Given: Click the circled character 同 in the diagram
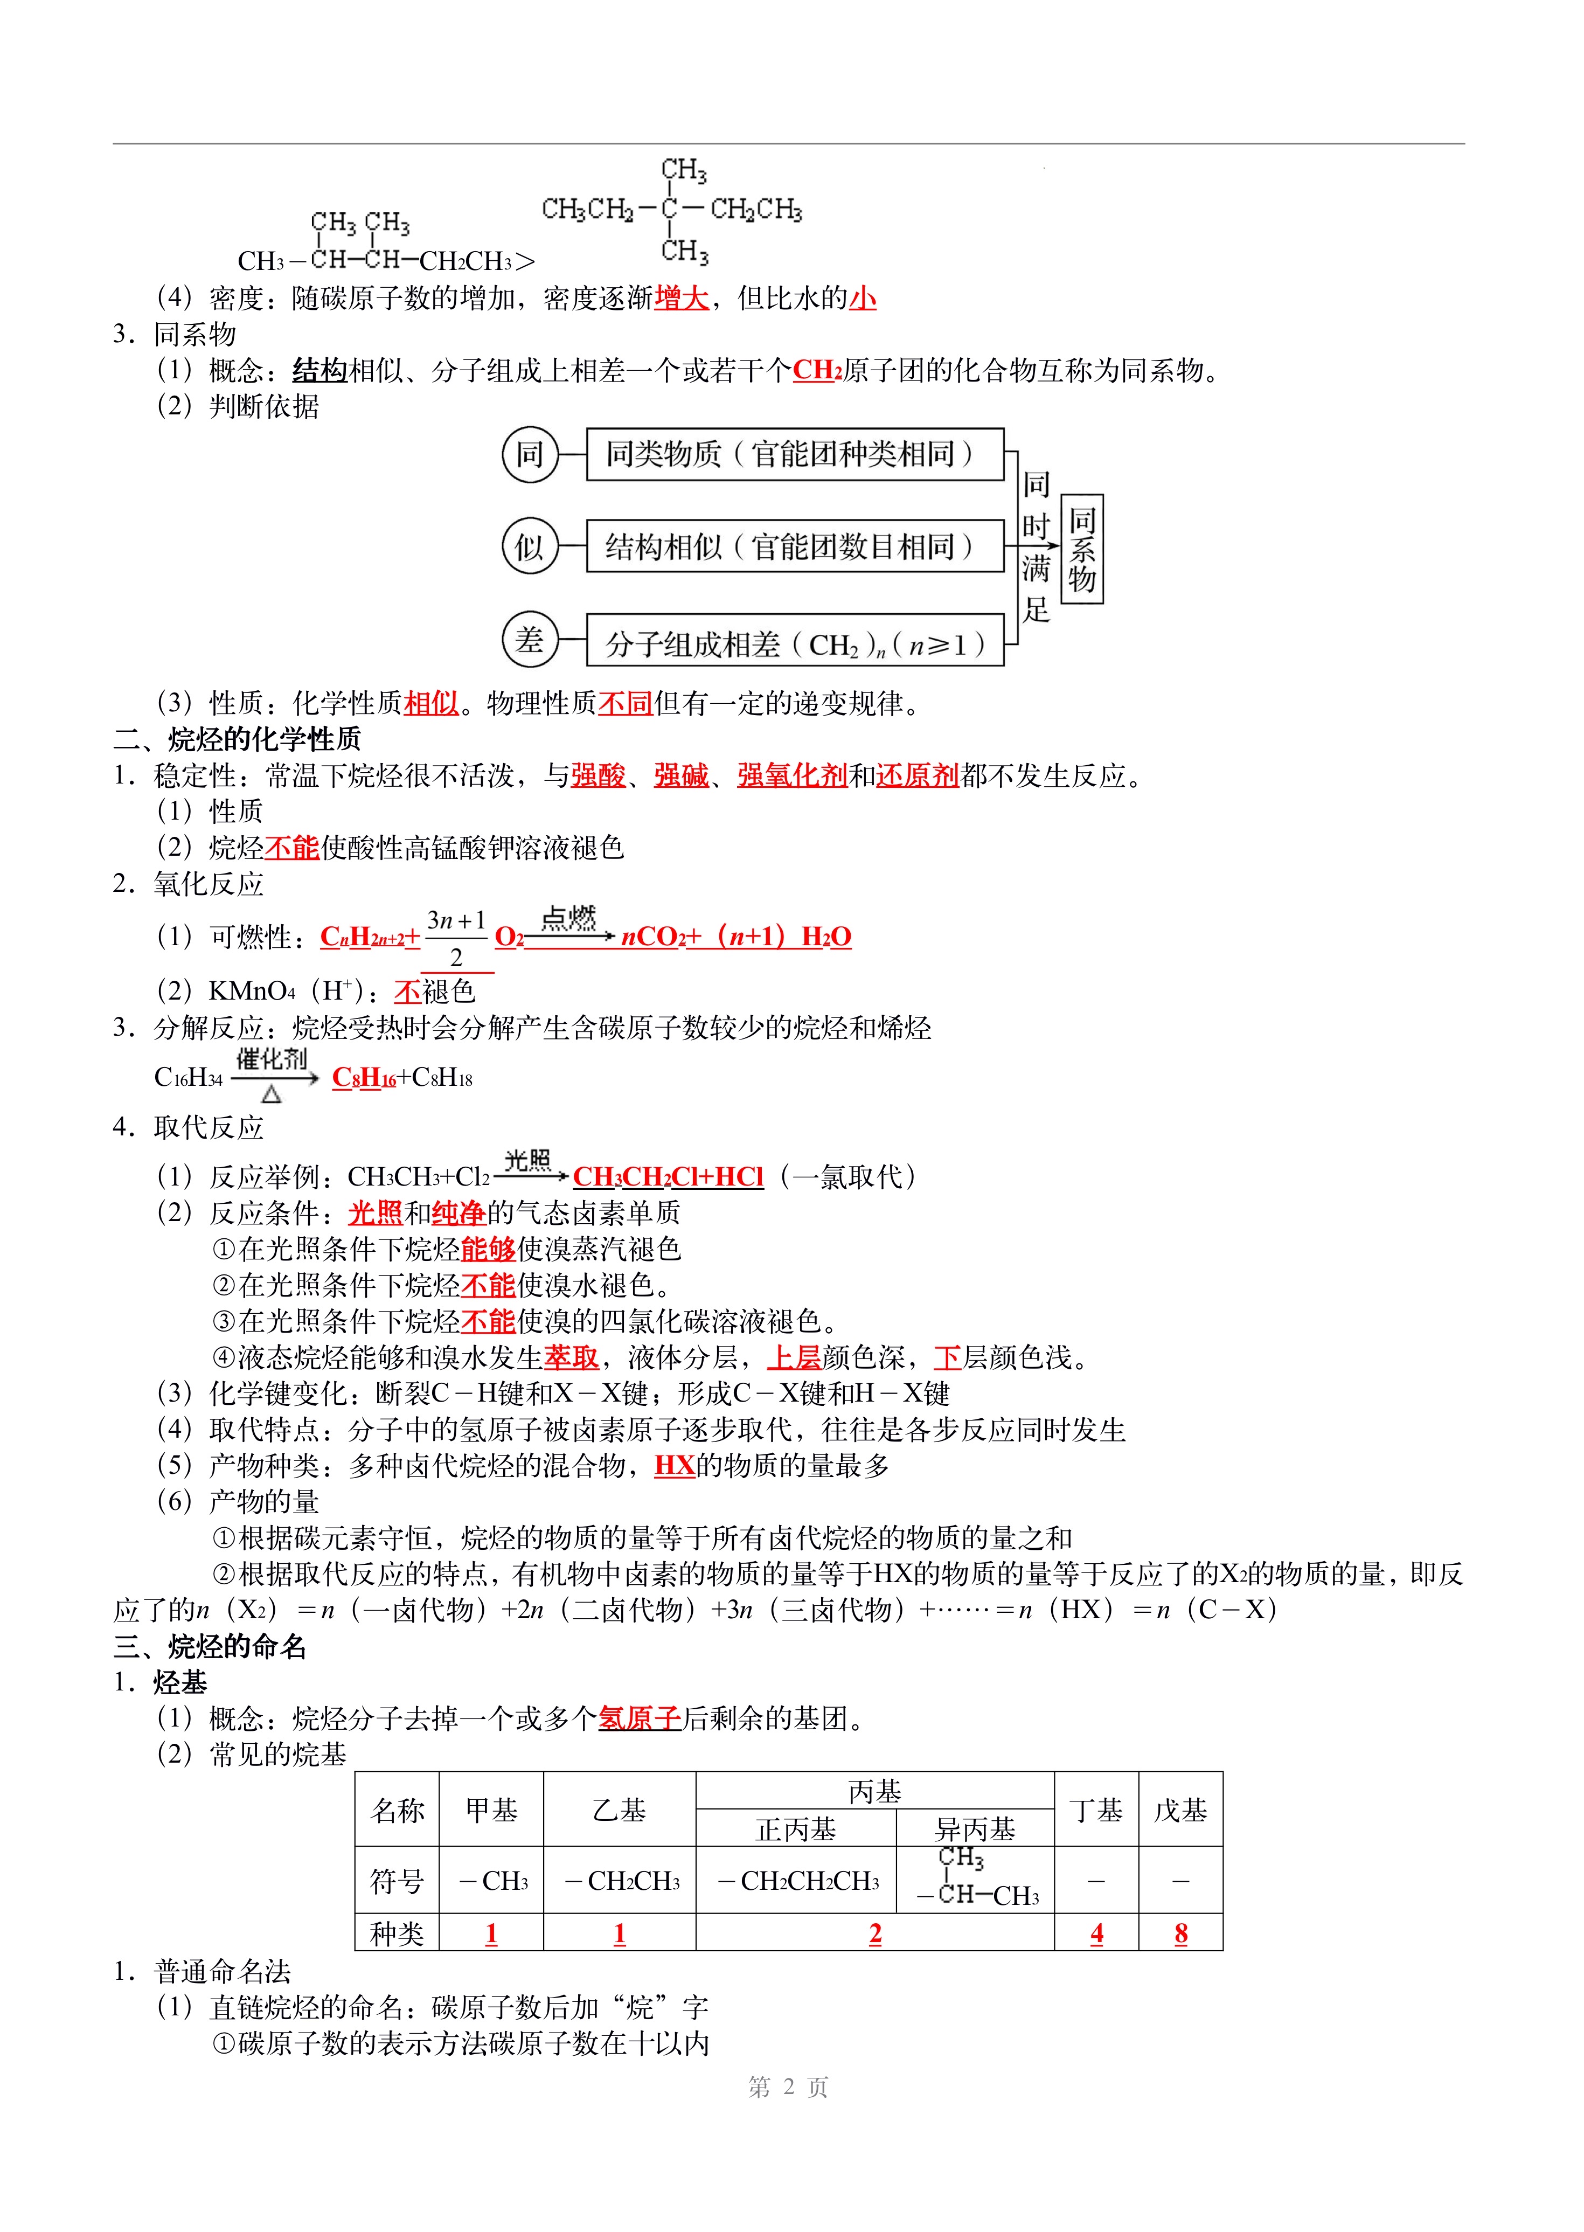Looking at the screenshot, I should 530,455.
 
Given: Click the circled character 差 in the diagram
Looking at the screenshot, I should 530,640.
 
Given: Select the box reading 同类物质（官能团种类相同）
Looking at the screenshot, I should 794,455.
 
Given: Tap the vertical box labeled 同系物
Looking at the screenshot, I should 1082,549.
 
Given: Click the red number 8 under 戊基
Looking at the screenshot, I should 1180,1933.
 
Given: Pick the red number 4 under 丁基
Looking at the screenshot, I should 1096,1933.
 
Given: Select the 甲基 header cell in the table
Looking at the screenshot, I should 491,1811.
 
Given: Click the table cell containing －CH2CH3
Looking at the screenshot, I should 620,1881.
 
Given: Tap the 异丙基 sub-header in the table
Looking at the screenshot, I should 975,1829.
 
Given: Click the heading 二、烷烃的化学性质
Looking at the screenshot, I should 237,738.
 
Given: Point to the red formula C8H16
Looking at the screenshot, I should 364,1078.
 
